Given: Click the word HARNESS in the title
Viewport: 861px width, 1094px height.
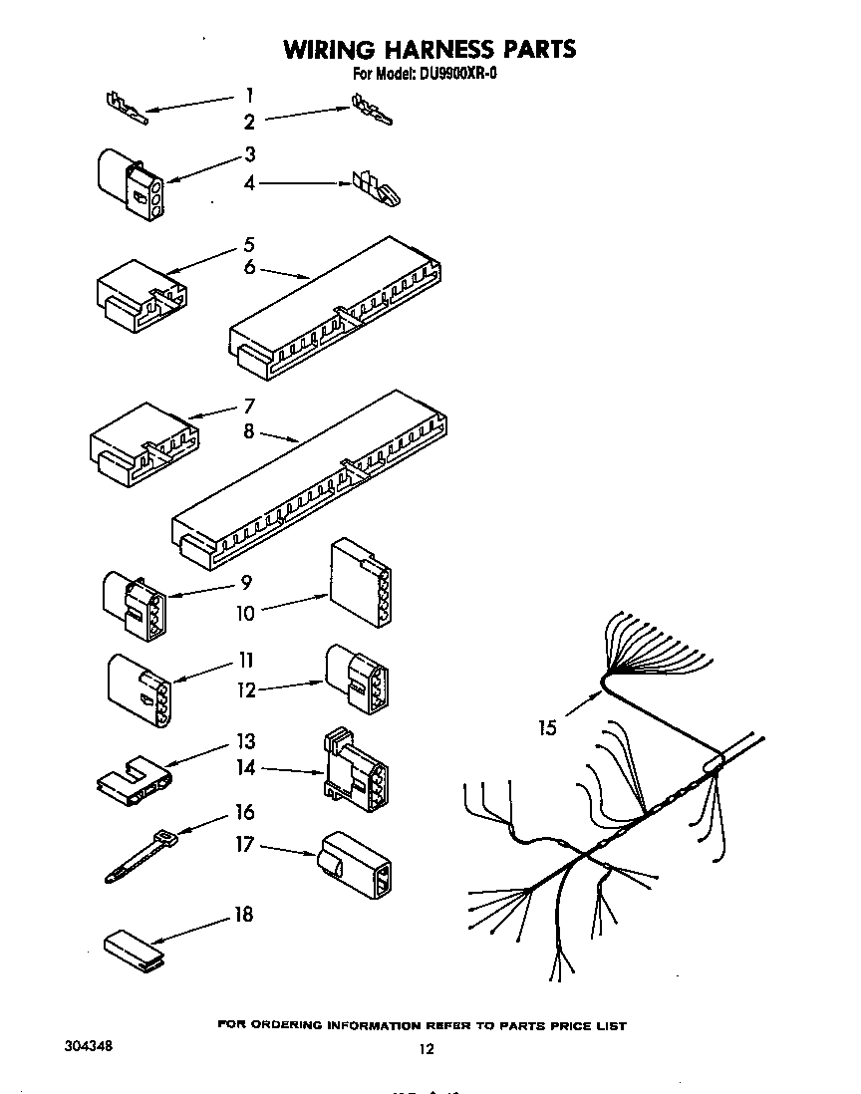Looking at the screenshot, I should click(x=426, y=49).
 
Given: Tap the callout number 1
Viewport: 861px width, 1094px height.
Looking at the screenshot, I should click(x=249, y=96).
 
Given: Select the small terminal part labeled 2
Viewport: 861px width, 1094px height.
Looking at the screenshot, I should click(x=371, y=110).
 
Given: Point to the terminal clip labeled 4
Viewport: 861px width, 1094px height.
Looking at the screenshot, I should click(x=374, y=186).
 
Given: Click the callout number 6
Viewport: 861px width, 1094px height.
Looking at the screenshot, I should click(x=249, y=267).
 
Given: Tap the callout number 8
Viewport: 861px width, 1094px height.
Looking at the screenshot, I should click(x=249, y=431).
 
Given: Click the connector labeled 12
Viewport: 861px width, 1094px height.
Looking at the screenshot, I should click(x=356, y=681).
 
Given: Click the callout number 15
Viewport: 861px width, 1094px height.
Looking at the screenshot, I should click(x=547, y=728).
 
